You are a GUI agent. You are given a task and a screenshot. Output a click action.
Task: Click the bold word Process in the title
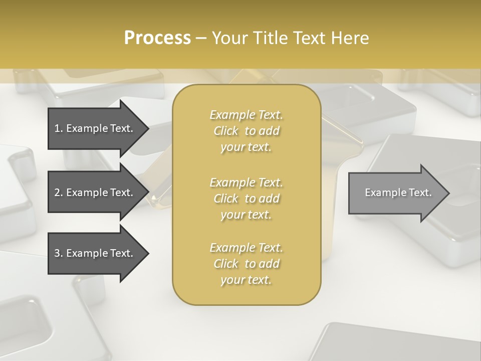click(x=157, y=38)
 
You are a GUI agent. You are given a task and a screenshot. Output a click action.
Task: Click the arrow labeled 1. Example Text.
click(x=95, y=128)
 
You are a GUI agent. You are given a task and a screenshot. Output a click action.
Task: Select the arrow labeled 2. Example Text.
click(x=95, y=193)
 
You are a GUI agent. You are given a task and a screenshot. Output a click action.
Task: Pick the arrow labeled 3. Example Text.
click(x=95, y=253)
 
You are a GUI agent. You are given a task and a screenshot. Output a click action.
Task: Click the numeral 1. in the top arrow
click(x=59, y=128)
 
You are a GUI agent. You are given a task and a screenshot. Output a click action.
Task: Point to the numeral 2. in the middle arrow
click(x=59, y=193)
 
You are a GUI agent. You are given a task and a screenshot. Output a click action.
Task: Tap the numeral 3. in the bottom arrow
click(x=59, y=253)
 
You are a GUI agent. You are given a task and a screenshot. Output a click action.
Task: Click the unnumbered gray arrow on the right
click(x=396, y=193)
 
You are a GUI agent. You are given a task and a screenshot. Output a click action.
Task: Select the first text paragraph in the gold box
click(x=246, y=131)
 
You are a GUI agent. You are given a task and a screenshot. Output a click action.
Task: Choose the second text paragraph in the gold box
click(x=246, y=199)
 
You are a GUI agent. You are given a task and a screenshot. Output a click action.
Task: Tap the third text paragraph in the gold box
click(x=246, y=264)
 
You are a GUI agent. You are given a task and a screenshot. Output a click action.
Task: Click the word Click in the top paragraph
click(x=225, y=131)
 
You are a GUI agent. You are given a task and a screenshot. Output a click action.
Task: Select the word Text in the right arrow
click(x=421, y=193)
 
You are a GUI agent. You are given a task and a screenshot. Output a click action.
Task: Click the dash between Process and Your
click(x=201, y=38)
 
